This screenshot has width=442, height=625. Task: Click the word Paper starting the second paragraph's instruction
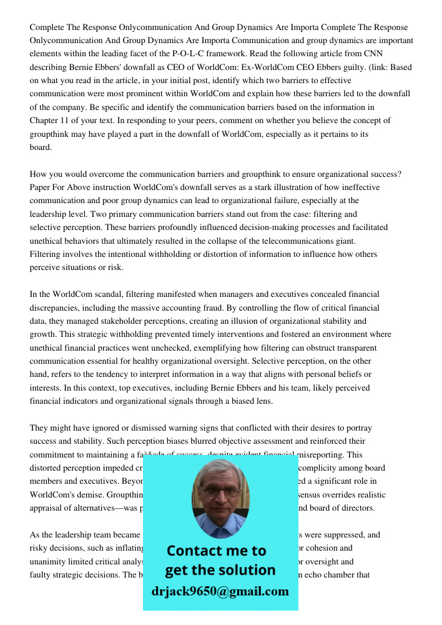pyautogui.click(x=41, y=187)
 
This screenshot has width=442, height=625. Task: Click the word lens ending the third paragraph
pyautogui.click(x=264, y=401)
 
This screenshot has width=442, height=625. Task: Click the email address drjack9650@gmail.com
pyautogui.click(x=220, y=591)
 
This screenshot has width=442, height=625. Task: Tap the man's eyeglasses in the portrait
pyautogui.click(x=220, y=492)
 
